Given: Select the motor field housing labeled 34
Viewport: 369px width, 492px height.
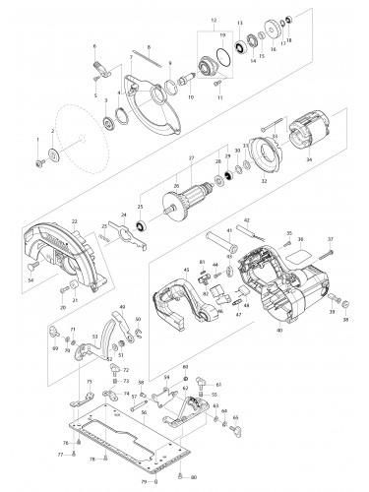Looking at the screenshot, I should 292,157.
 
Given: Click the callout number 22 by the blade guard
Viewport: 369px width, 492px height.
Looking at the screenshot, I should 46,221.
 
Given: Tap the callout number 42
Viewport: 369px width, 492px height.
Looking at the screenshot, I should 248,221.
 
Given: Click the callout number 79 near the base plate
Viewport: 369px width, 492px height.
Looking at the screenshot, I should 144,482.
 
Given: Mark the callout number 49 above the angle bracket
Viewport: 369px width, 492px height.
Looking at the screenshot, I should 122,308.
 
